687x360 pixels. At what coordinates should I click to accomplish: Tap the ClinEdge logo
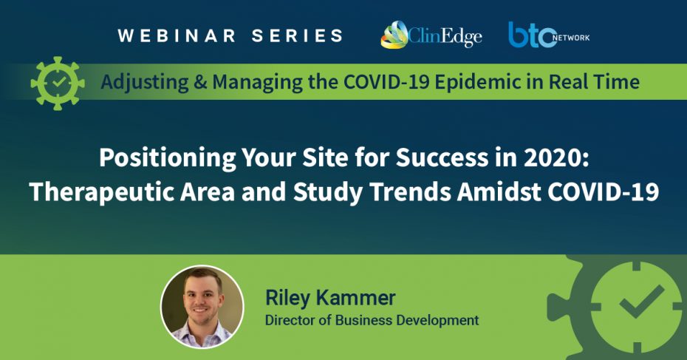pyautogui.click(x=431, y=35)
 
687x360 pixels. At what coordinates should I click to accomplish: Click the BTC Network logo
pyautogui.click(x=549, y=35)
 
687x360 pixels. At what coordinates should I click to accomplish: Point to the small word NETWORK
pyautogui.click(x=571, y=38)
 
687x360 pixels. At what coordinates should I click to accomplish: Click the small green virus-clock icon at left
pyautogui.click(x=58, y=83)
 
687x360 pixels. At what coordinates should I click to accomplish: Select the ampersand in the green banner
pyautogui.click(x=200, y=82)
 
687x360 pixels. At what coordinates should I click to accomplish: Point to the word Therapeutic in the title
pyautogui.click(x=101, y=192)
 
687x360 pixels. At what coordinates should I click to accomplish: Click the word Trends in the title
pyautogui.click(x=410, y=191)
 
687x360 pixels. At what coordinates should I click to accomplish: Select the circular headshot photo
pyautogui.click(x=202, y=307)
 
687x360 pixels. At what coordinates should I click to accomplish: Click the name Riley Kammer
pyautogui.click(x=330, y=298)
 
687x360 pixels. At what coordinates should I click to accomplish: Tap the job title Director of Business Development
pyautogui.click(x=372, y=320)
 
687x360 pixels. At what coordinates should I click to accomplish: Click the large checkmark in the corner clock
pyautogui.click(x=640, y=302)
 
